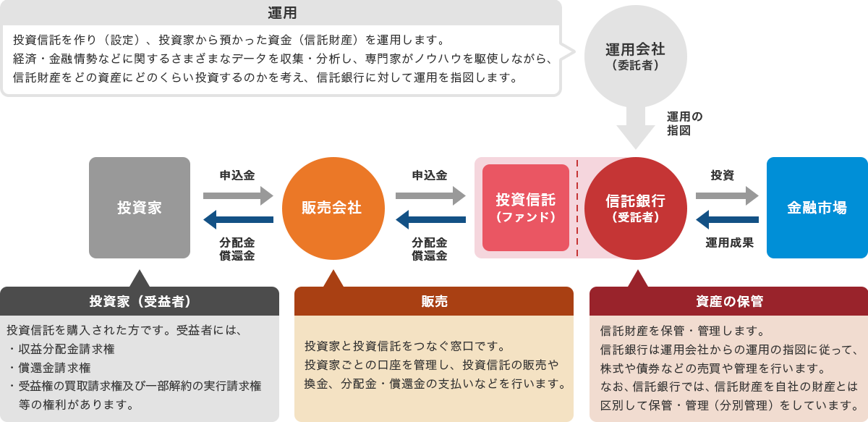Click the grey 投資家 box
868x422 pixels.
(139, 208)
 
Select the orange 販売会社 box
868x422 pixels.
(332, 208)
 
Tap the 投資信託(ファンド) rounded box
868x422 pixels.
(526, 208)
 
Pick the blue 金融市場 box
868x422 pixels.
(817, 208)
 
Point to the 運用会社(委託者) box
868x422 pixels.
(635, 55)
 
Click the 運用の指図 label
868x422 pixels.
(684, 124)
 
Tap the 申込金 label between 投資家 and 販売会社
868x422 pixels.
(237, 175)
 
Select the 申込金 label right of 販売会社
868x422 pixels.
(430, 175)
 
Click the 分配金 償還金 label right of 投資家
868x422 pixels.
(237, 249)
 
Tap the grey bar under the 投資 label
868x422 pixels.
(727, 195)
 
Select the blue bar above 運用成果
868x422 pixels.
(727, 220)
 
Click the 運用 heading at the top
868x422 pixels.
(282, 12)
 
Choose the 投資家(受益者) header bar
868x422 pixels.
(140, 301)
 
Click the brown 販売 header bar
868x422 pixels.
(433, 301)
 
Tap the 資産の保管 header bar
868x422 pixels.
(728, 301)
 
